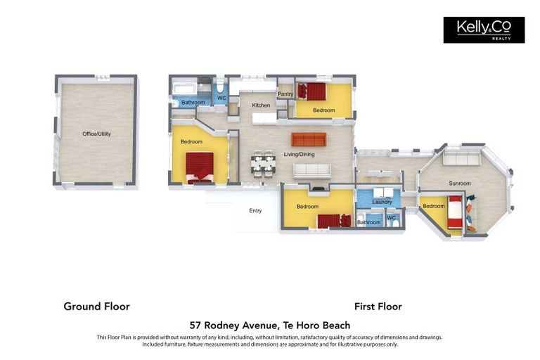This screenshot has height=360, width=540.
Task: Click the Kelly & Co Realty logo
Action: pyautogui.click(x=484, y=30)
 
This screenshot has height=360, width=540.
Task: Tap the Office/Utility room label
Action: pyautogui.click(x=96, y=134)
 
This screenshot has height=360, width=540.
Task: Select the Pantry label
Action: pyautogui.click(x=285, y=94)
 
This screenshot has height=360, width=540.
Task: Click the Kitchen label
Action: pyautogui.click(x=261, y=105)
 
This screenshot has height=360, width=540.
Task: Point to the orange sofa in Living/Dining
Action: pyautogui.click(x=309, y=139)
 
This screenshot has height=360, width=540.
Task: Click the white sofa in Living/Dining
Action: pyautogui.click(x=311, y=171)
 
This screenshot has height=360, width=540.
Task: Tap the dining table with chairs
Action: pyautogui.click(x=263, y=164)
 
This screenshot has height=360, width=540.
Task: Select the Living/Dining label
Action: pyautogui.click(x=299, y=154)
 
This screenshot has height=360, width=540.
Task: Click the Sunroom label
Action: pyautogui.click(x=459, y=184)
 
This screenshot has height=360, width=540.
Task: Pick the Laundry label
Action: pyautogui.click(x=382, y=202)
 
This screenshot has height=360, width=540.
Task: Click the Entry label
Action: pyautogui.click(x=255, y=210)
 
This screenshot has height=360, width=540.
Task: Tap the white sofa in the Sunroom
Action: pyautogui.click(x=461, y=159)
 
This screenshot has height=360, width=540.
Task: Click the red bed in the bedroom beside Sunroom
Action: pyautogui.click(x=455, y=212)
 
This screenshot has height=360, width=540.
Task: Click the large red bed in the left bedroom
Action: pyautogui.click(x=200, y=168)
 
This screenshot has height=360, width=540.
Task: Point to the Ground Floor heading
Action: pyautogui.click(x=97, y=307)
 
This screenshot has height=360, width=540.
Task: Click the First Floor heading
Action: pyautogui.click(x=378, y=307)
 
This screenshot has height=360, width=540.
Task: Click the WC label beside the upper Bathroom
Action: pyautogui.click(x=221, y=98)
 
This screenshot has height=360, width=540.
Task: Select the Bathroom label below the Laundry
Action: pyautogui.click(x=368, y=222)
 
